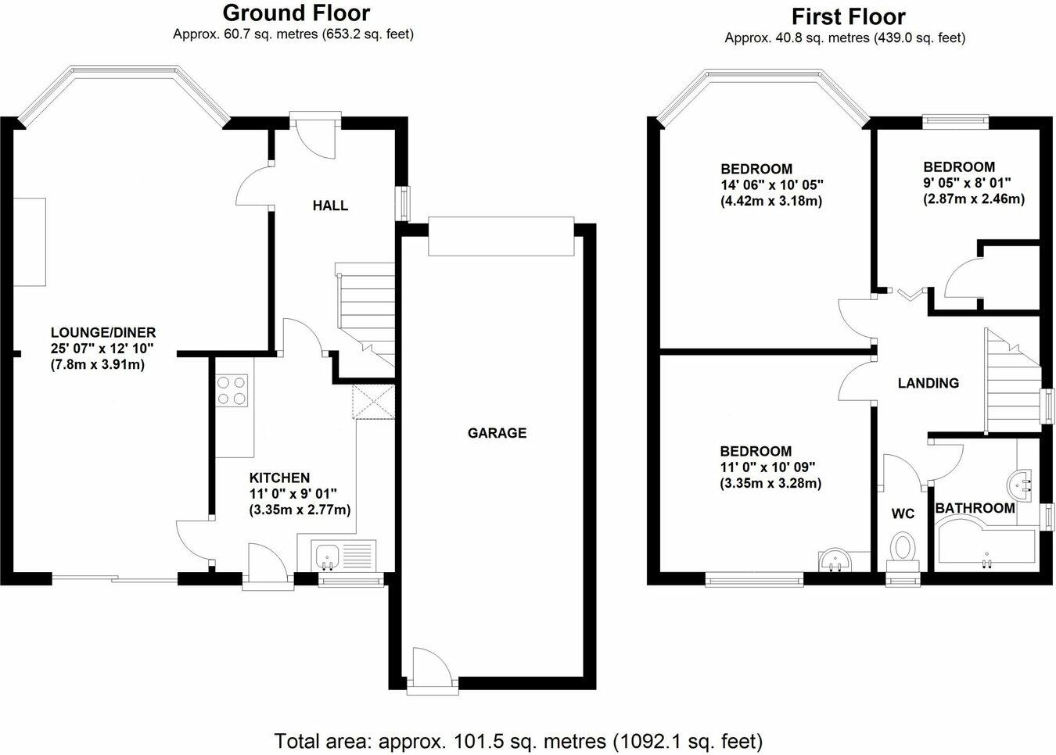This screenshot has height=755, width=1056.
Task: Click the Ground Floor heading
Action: click(296, 13)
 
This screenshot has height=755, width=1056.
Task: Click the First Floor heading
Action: click(848, 16)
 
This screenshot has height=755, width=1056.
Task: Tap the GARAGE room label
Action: click(497, 433)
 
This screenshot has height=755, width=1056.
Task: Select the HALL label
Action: click(330, 206)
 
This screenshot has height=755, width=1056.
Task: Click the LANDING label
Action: click(928, 383)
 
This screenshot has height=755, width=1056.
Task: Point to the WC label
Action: click(903, 513)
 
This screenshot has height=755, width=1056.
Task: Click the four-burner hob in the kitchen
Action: click(232, 391)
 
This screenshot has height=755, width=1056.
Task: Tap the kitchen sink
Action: click(327, 556)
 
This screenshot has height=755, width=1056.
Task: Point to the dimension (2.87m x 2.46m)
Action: click(974, 199)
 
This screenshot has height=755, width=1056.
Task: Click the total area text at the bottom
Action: click(518, 739)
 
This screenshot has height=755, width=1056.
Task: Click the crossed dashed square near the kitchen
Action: click(374, 403)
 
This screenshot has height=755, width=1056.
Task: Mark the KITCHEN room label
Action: click(279, 478)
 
